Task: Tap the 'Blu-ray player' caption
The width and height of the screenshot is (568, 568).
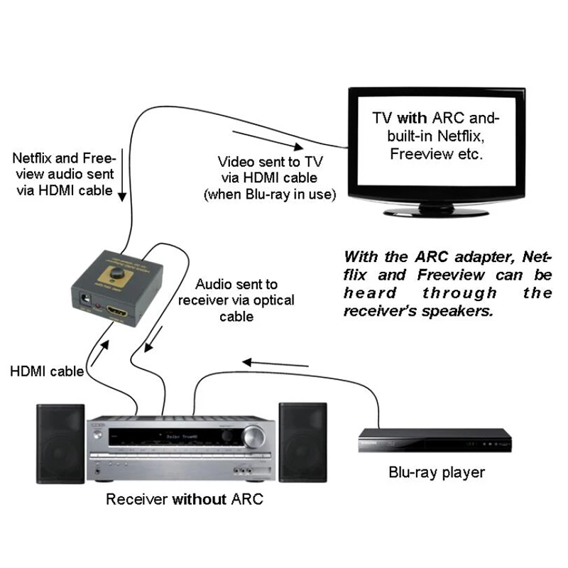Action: coord(436,472)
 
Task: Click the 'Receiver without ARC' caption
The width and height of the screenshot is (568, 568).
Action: coord(184,499)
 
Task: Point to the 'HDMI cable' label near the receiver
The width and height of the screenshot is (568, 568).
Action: coord(46,371)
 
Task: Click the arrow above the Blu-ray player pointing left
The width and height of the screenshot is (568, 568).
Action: coord(276,365)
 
